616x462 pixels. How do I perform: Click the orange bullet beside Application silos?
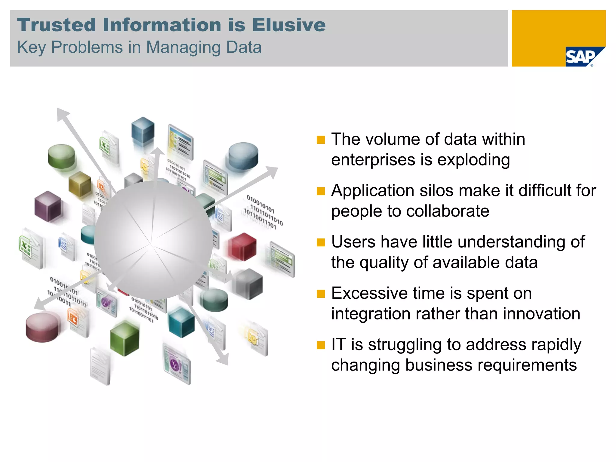pyautogui.click(x=321, y=191)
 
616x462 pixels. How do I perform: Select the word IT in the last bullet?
pyautogui.click(x=339, y=344)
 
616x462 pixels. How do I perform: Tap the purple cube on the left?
pyautogui.click(x=48, y=206)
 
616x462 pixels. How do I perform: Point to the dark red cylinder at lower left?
pyautogui.click(x=42, y=327)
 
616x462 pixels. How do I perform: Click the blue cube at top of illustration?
pyautogui.click(x=143, y=130)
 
